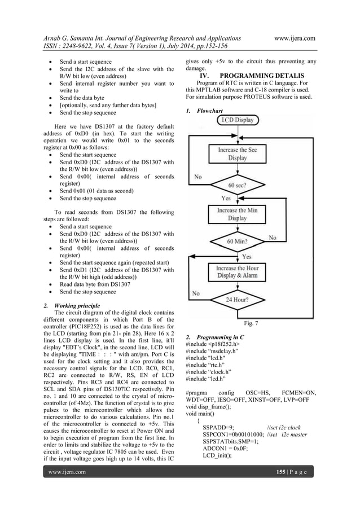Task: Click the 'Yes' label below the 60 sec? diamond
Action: point(226,199)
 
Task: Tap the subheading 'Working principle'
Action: point(70,305)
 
